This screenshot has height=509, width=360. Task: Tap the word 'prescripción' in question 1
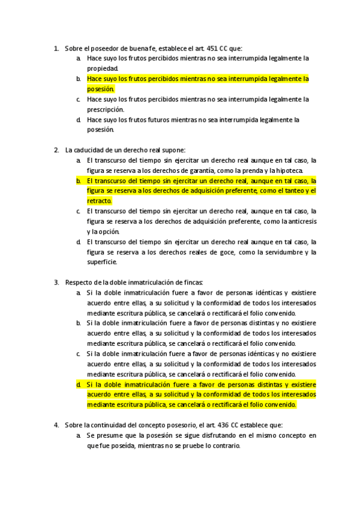[105, 109]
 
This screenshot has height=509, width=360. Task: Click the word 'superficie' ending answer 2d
[101, 262]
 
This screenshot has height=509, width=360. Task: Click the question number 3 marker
[56, 283]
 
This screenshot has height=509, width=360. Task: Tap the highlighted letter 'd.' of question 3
[79, 384]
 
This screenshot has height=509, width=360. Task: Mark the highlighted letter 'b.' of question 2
[79, 181]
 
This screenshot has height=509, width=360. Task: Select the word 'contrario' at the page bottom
[223, 445]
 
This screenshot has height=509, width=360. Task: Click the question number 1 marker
[56, 48]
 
